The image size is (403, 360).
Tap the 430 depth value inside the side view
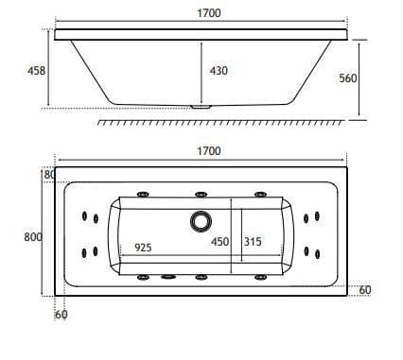[x=219, y=70]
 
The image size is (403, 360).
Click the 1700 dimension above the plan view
[x=209, y=151]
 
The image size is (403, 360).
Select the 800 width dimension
[x=31, y=236]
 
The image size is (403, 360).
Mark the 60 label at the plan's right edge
[x=365, y=289]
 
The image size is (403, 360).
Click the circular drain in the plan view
[x=201, y=221]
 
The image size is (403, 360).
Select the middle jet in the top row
[x=201, y=196]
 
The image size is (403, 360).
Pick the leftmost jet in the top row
[x=143, y=196]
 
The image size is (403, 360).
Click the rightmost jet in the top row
[x=258, y=196]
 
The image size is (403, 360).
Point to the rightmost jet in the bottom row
[x=258, y=277]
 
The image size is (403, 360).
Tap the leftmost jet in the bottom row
[x=143, y=277]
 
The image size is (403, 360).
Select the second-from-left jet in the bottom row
[x=170, y=278]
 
